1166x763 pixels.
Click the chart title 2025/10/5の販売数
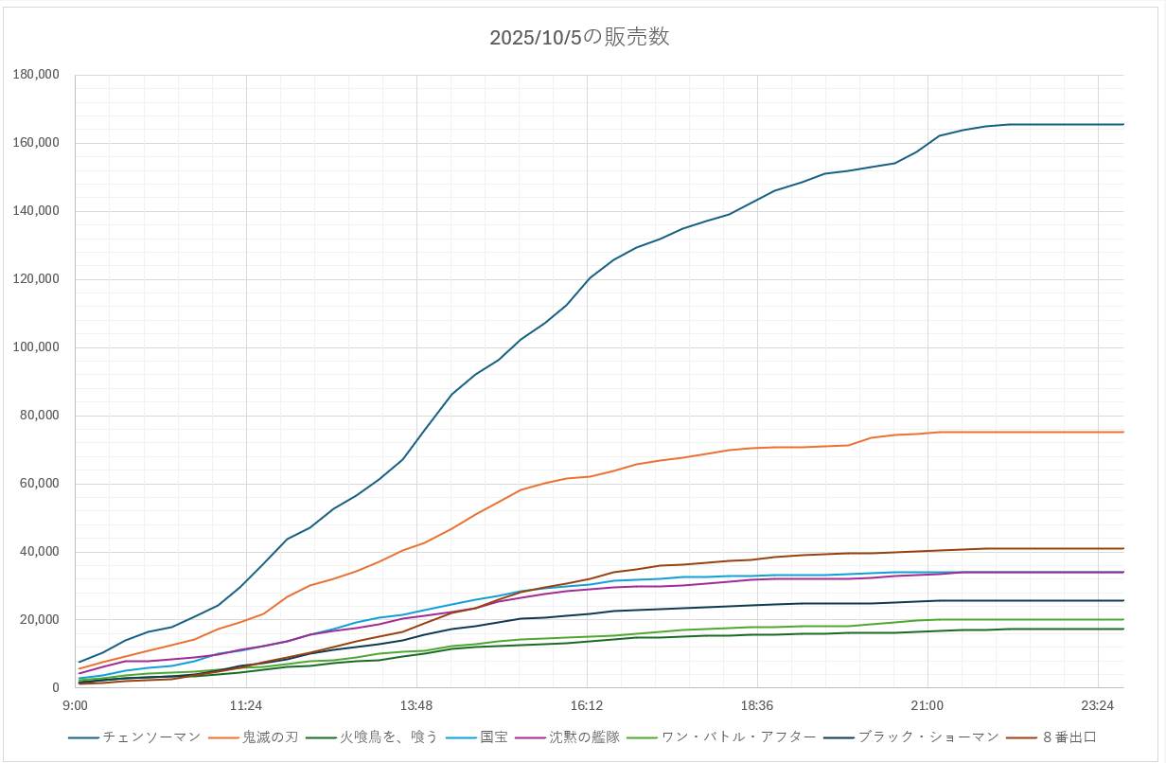(579, 37)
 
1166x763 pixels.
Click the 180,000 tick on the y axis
(36, 75)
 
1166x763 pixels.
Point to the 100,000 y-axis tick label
(36, 347)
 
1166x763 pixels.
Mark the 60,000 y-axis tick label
(40, 484)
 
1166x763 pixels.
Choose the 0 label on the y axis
(56, 688)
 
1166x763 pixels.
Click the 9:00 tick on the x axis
(75, 705)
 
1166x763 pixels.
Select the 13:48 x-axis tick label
(416, 705)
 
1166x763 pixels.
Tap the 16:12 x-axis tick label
(587, 705)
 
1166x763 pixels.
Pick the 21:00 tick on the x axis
(927, 705)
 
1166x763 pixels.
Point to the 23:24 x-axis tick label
(1097, 705)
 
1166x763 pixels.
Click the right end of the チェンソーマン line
(1123, 124)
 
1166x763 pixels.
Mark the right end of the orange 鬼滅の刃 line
(1123, 432)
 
